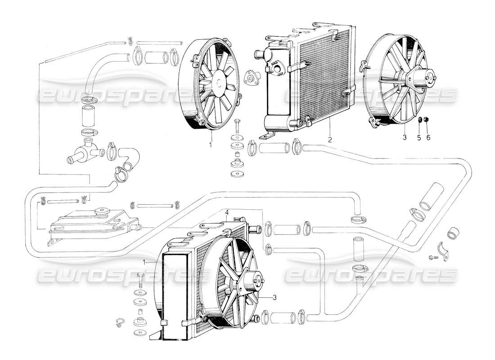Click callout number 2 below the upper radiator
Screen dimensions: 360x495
point(330,140)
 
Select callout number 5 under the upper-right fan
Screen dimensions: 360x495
point(418,138)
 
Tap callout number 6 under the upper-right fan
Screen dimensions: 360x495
point(428,138)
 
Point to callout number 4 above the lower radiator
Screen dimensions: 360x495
point(227,212)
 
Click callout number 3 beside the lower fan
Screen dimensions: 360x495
point(274,297)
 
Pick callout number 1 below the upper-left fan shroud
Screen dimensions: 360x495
point(210,145)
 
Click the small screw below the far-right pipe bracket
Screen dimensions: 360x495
point(433,258)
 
